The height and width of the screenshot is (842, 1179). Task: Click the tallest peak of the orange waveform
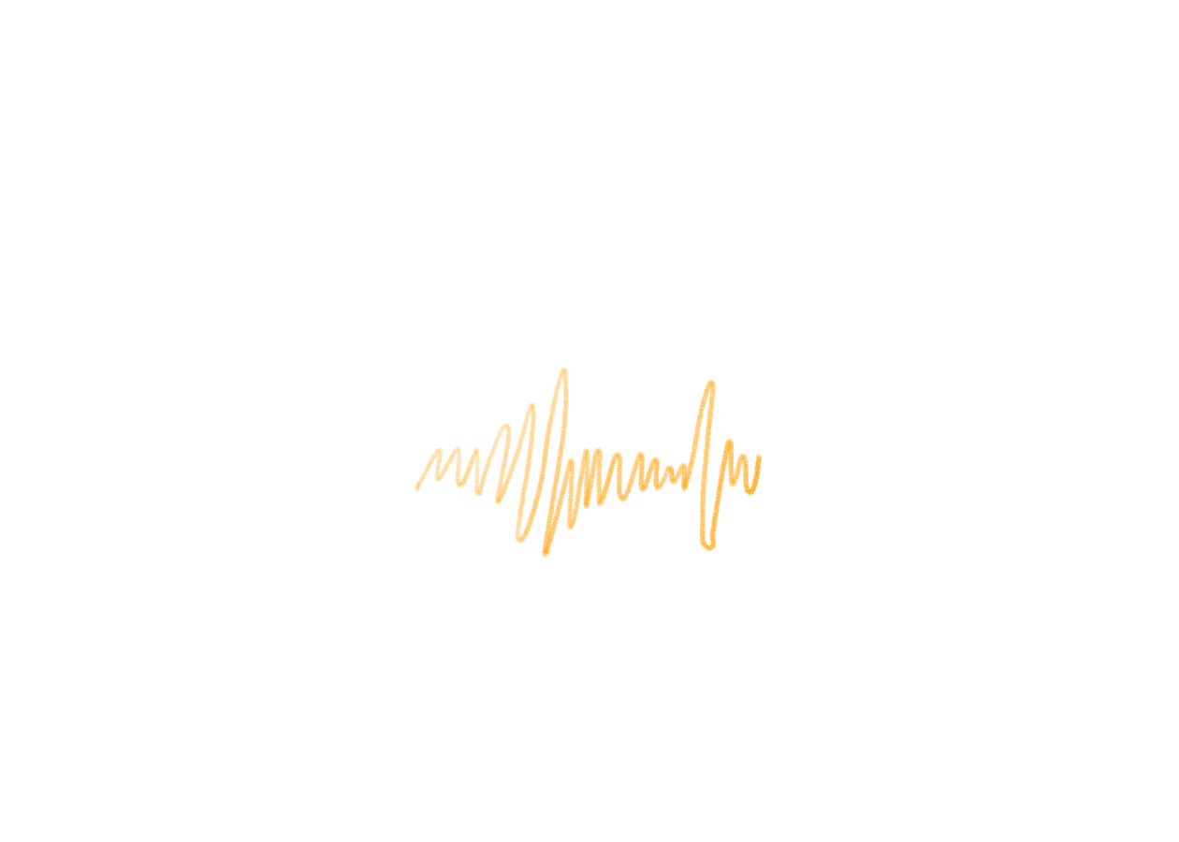563,371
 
